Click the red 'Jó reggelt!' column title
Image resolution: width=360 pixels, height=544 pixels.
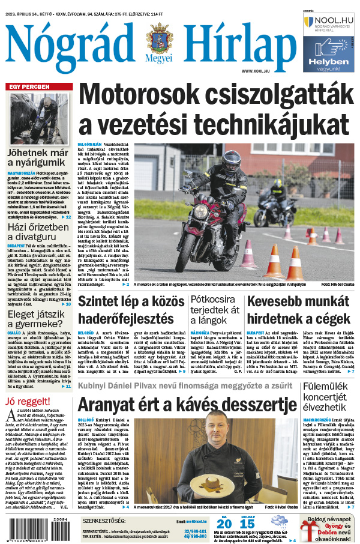pyautogui.click(x=26, y=401)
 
